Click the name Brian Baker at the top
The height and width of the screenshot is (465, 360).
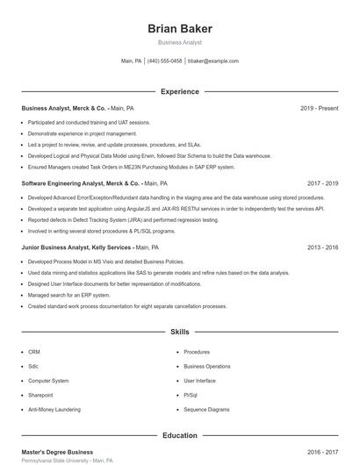point(180,28)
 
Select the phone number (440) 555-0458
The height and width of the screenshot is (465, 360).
point(164,61)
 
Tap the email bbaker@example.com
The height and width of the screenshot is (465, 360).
point(213,61)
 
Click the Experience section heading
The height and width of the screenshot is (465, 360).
point(180,91)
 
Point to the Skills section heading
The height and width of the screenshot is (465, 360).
point(180,333)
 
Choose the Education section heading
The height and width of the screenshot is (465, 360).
point(180,435)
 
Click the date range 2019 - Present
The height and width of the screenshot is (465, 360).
point(319,108)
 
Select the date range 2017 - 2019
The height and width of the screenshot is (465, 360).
point(322,184)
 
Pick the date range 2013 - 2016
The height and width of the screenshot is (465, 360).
point(322,247)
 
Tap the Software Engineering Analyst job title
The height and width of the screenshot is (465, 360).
point(67,184)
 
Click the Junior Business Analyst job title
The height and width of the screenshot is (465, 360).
point(58,247)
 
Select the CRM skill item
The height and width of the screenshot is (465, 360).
point(34,352)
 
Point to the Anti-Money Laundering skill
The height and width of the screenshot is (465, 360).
point(54,410)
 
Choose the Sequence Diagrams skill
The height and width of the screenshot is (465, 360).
point(206,410)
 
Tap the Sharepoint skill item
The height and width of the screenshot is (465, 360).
point(40,395)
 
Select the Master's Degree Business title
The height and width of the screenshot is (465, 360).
point(57,452)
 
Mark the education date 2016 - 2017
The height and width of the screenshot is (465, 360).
point(322,452)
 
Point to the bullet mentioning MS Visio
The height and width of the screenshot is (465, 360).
point(105,261)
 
